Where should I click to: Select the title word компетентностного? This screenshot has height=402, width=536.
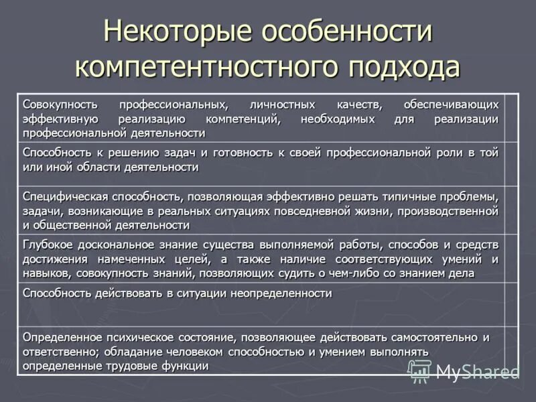[x=204, y=67]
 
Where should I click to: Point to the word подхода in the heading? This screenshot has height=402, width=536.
[x=403, y=67]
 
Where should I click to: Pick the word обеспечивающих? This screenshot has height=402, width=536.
[x=451, y=105]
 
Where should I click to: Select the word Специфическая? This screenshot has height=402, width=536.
[x=66, y=196]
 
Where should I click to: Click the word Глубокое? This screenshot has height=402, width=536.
[x=48, y=245]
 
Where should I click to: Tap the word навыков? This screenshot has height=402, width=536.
[x=47, y=273]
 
